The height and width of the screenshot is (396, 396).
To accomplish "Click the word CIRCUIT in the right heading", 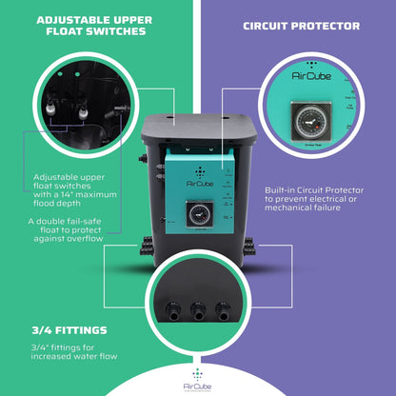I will pos(268,26).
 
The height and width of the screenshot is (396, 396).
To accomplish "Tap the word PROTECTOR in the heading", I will pos(327,26).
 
